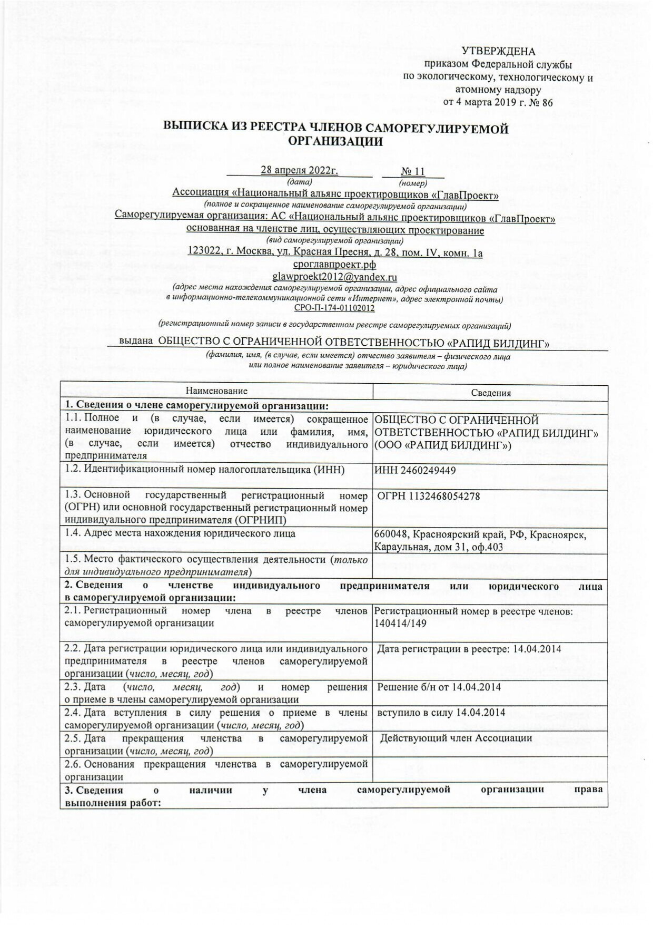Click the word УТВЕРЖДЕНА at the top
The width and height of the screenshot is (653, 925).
498,51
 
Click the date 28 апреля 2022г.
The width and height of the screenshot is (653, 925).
299,170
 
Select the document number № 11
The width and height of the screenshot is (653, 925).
413,171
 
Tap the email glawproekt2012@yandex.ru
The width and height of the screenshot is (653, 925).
334,277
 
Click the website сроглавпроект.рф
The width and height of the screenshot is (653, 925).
334,265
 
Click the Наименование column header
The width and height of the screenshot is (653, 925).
216,391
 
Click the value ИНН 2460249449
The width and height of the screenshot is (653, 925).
415,470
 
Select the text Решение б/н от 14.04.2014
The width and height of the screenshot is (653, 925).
439,687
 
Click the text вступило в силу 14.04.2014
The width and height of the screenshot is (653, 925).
441,713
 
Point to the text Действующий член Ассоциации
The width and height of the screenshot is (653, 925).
456,738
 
